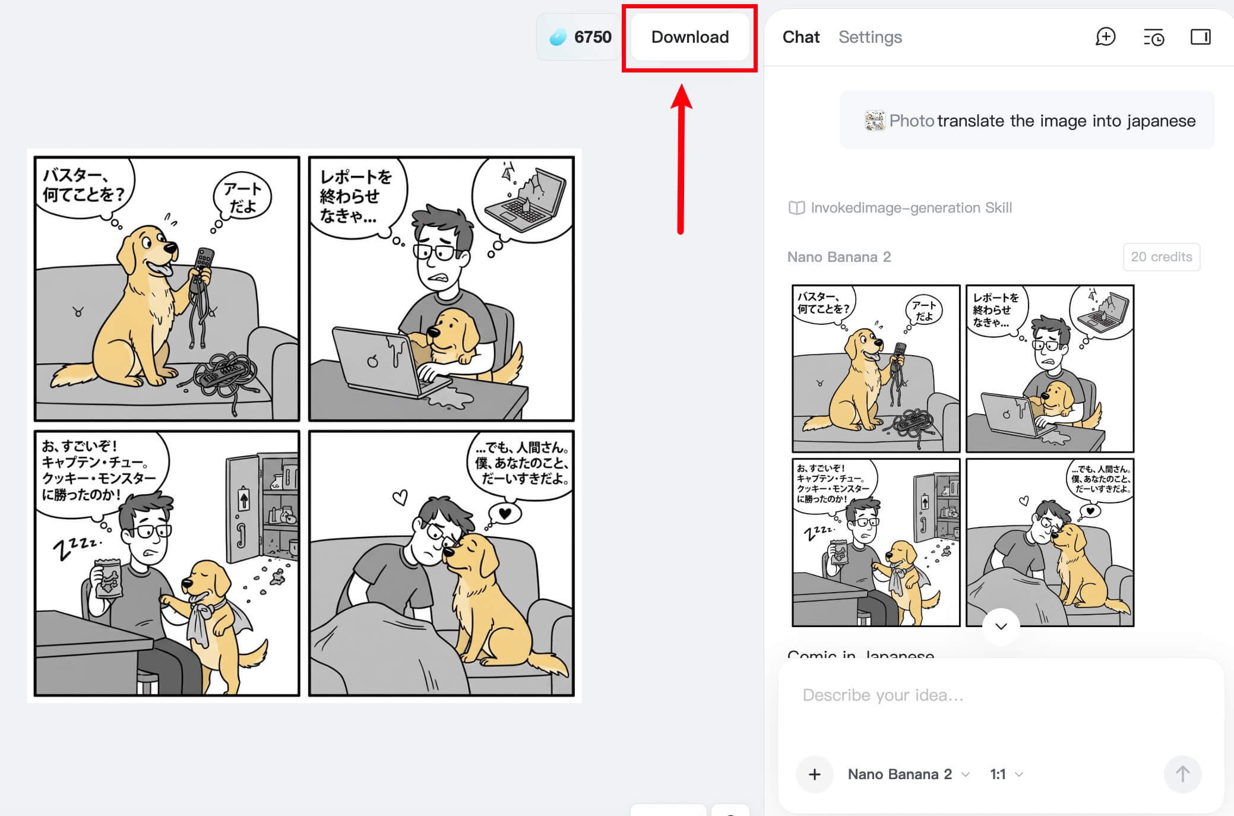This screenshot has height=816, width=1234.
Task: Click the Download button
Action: coord(689,37)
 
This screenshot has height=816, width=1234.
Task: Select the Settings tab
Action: coord(870,37)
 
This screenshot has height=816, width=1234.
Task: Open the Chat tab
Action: coord(800,37)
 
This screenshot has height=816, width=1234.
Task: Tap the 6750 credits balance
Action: coord(580,37)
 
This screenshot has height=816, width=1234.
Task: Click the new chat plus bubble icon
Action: coord(1105,37)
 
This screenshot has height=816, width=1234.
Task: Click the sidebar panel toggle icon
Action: coord(1200,37)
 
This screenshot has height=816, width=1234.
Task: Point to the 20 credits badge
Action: coord(1161,257)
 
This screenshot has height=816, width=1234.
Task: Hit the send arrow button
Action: coord(1182,774)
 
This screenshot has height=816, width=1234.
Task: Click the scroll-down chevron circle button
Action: coord(1001,626)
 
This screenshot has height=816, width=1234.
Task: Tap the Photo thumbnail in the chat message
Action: coord(874,121)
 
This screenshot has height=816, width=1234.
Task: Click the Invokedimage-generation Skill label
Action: coord(911,208)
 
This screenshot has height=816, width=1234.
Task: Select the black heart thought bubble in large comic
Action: coord(505,513)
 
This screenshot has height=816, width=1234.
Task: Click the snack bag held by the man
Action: coord(108,578)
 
